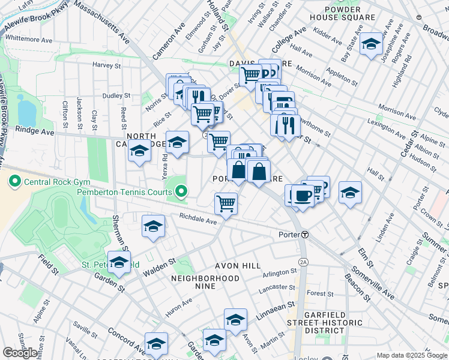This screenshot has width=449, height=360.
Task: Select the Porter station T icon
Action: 305,234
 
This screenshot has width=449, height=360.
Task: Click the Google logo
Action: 20,353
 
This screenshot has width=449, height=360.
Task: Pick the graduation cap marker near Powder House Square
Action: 372,44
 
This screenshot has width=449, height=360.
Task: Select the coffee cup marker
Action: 303,196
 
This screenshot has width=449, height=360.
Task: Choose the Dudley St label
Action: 116,95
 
